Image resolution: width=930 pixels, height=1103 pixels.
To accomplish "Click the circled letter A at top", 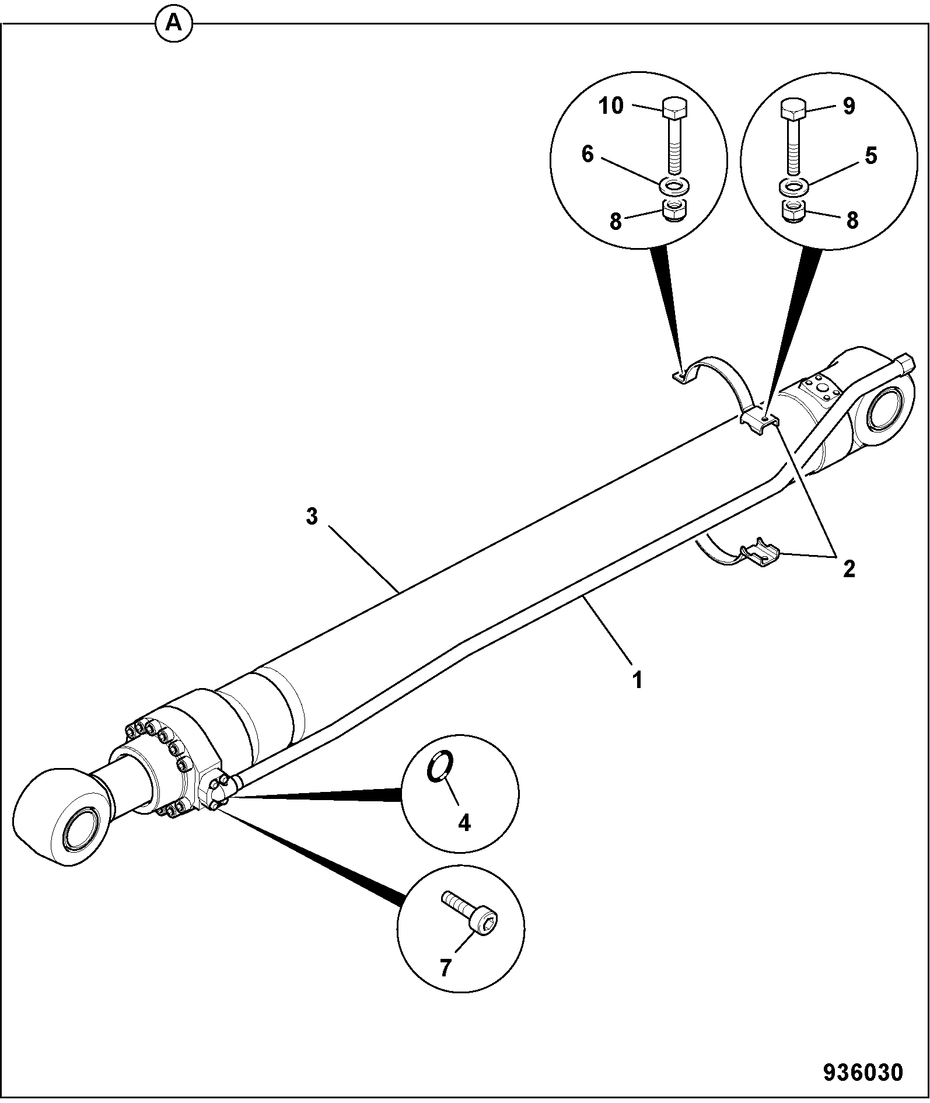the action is click(174, 23).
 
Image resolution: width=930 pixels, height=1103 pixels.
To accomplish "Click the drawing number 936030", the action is click(863, 1072).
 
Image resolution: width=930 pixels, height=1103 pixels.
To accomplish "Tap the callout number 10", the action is click(611, 106).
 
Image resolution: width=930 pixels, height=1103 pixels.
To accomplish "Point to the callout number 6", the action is click(588, 155).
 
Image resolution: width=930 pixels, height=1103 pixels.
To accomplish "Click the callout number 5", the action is click(871, 156).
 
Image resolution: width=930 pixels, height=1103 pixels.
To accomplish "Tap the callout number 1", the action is click(638, 680).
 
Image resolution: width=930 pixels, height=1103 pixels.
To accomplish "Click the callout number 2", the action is click(849, 568).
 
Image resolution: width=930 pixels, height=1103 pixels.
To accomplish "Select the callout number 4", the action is click(464, 823).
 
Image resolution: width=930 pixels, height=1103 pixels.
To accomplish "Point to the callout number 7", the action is click(445, 968).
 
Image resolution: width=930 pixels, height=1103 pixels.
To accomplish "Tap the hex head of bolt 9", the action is click(793, 109).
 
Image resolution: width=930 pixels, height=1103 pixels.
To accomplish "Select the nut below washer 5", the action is click(793, 210).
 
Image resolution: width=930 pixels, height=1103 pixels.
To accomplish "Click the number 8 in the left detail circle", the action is click(616, 222).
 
